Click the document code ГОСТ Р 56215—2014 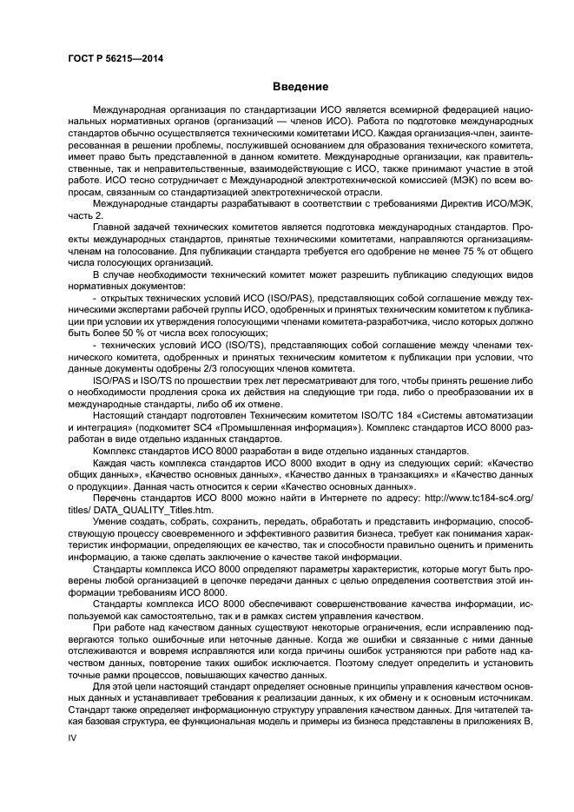[114, 58]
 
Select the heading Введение [300, 87]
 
